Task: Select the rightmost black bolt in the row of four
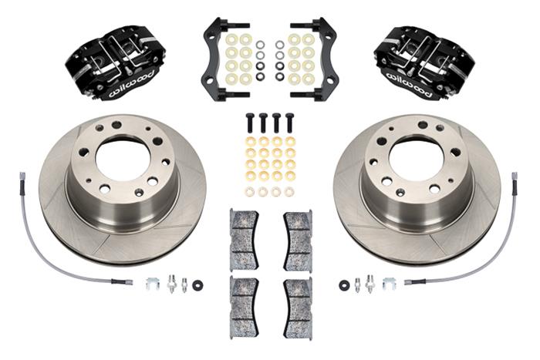click(289, 123)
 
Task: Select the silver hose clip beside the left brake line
click(153, 284)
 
